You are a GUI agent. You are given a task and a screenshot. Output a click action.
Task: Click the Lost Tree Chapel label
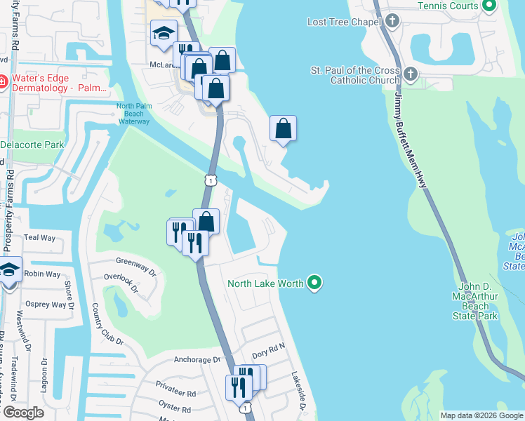pyautogui.click(x=344, y=22)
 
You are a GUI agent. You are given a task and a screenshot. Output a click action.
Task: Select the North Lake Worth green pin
pyautogui.click(x=315, y=283)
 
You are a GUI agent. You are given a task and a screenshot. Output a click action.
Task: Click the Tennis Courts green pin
pyautogui.click(x=490, y=6)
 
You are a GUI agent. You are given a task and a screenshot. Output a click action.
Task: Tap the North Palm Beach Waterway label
pyautogui.click(x=133, y=114)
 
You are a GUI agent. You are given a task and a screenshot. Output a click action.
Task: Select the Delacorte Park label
pyautogui.click(x=32, y=145)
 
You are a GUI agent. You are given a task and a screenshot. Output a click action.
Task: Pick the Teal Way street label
pyautogui.click(x=39, y=238)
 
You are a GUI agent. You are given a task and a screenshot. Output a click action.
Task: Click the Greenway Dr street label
pyautogui.click(x=133, y=262)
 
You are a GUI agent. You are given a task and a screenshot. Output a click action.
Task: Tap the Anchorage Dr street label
pyautogui.click(x=197, y=360)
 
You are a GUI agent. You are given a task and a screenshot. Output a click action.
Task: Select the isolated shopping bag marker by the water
pyautogui.click(x=283, y=128)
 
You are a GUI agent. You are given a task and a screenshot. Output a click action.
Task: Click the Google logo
pyautogui.click(x=23, y=413)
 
